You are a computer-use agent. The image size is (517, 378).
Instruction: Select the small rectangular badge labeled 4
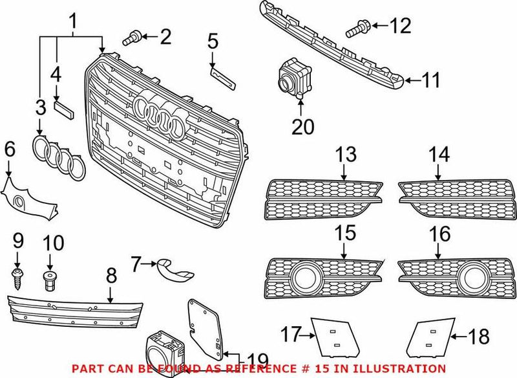(x=65, y=109)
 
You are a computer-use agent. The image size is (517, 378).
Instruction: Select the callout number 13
(x=346, y=155)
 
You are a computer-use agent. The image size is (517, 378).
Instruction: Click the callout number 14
(x=439, y=155)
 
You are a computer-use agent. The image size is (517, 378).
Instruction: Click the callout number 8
(x=111, y=276)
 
